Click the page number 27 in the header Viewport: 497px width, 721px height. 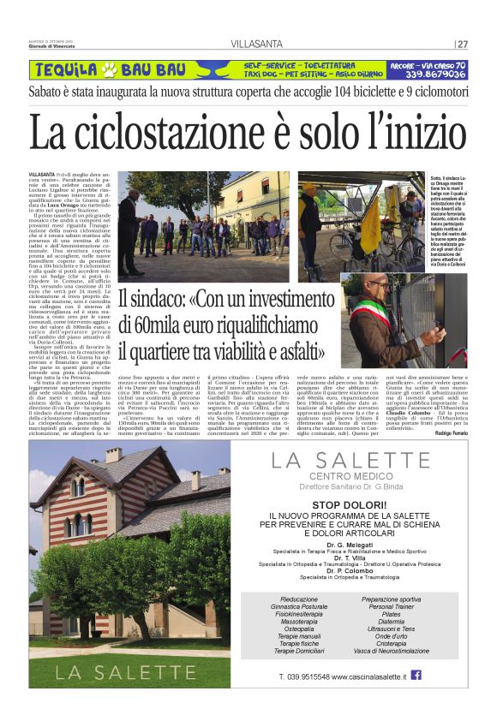(x=463, y=45)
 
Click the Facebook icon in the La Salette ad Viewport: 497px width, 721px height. (x=416, y=676)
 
